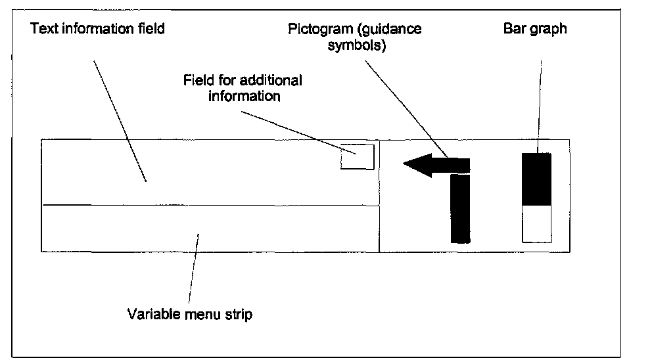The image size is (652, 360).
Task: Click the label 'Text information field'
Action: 97,29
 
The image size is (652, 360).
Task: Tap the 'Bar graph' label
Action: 534,29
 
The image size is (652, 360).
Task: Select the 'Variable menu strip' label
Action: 189,314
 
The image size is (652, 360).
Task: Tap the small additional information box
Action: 357,157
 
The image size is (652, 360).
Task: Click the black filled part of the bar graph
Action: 536,179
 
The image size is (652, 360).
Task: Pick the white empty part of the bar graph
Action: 536,223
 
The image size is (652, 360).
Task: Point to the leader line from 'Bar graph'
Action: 540,105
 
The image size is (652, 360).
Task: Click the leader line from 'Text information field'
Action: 119,122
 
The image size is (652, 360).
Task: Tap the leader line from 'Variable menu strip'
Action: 193,269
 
